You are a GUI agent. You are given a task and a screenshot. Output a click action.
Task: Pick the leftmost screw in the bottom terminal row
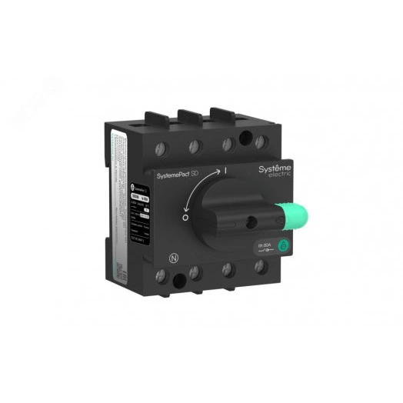coord(192,271)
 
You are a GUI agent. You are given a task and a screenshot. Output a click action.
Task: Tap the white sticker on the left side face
coord(122,192)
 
